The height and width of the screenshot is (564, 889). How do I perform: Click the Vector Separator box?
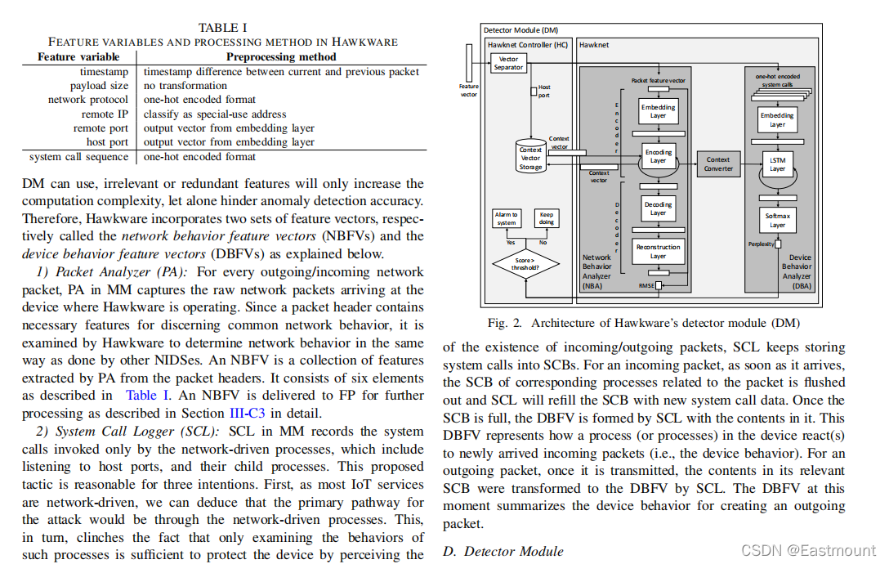point(508,63)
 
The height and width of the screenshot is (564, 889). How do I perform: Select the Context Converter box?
point(717,163)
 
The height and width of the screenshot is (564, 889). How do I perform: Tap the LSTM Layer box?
point(777,164)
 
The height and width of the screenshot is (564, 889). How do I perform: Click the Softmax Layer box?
point(777,221)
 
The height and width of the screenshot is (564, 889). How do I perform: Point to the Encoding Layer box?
point(658,156)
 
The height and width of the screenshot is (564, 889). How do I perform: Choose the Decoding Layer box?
point(658,208)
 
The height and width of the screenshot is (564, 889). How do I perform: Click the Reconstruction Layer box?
point(658,251)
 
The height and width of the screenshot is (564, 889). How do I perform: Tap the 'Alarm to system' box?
point(506,218)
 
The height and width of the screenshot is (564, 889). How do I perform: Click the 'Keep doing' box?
point(546,218)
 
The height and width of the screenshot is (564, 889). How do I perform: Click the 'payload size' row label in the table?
point(99,86)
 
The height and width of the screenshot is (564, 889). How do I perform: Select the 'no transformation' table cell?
point(185,86)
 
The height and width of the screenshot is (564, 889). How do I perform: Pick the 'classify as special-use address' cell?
point(215,114)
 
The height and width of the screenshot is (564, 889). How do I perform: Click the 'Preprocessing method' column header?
point(281,57)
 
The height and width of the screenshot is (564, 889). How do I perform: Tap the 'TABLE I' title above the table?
point(223,27)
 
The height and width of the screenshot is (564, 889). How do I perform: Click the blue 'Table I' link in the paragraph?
point(148,396)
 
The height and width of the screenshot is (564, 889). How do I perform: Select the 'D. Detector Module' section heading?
point(503,551)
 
